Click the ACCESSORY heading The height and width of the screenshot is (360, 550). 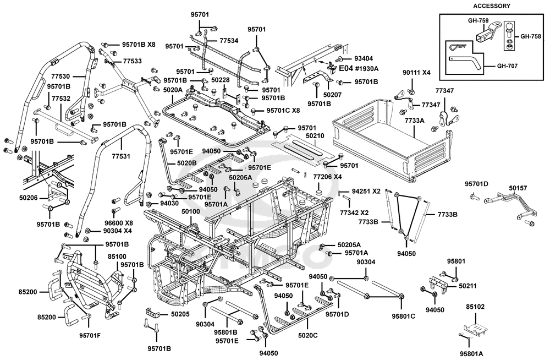coord(491,6)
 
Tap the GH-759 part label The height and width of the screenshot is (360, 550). coord(478,21)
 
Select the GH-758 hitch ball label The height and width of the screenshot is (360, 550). coord(531,36)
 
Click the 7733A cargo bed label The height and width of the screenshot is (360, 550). coord(415,121)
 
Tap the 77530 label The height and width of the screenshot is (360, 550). coord(61,76)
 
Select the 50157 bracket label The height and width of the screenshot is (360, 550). coord(518,188)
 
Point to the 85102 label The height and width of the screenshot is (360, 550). coord(475,307)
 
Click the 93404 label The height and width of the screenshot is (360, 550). coord(364,59)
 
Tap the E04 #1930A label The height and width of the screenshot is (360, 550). coord(358,68)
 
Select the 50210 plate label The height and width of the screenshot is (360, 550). coord(315,136)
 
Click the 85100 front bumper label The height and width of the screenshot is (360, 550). coord(117,257)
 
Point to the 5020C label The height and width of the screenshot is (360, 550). coord(307,335)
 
